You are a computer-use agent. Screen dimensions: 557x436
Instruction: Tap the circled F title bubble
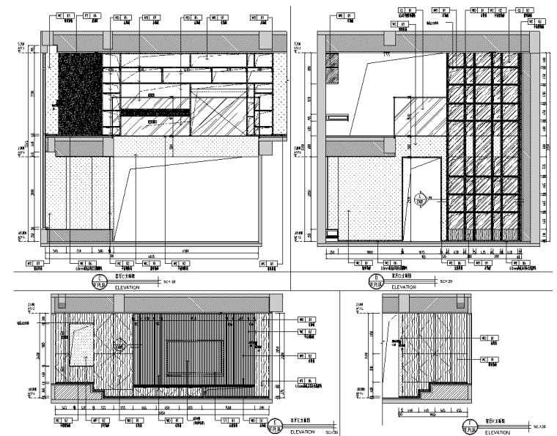(466, 425)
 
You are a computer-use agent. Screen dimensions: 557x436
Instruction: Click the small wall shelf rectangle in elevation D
(338, 117)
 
